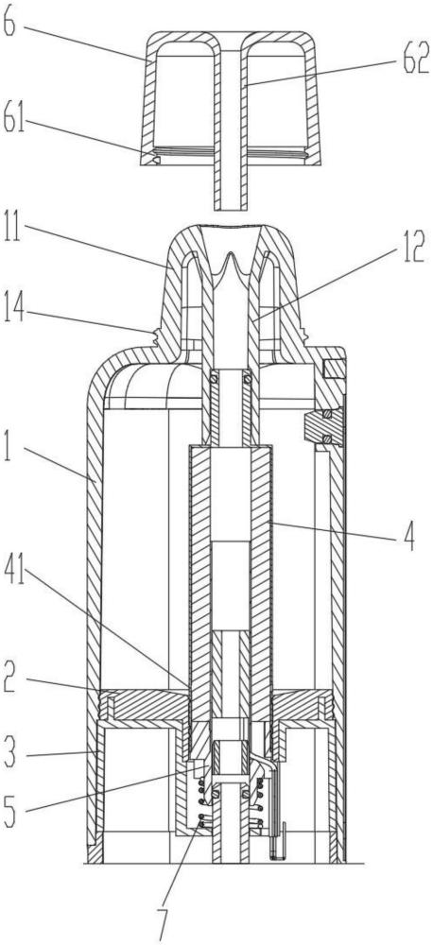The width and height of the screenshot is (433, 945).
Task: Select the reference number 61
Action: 14,121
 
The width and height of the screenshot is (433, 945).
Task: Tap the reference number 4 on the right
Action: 409,538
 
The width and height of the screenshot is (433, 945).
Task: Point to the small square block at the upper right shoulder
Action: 333,367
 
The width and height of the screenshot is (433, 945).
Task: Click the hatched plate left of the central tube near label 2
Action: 149,706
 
